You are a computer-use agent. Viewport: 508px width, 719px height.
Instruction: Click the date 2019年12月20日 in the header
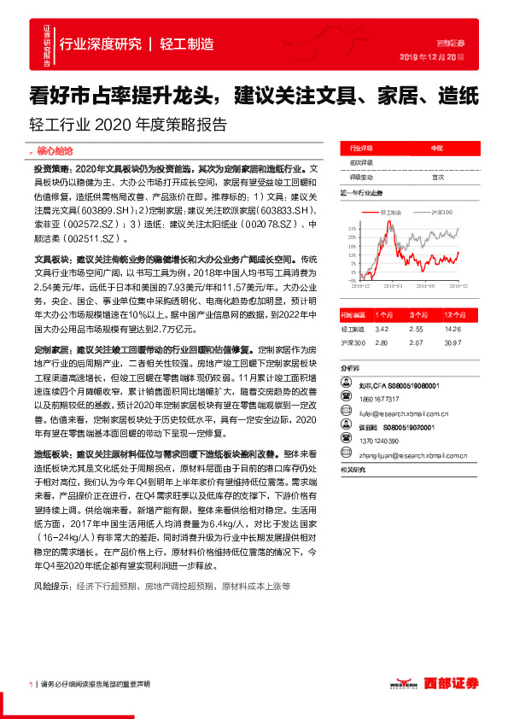pyautogui.click(x=431, y=56)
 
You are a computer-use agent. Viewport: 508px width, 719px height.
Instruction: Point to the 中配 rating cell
pyautogui.click(x=436, y=148)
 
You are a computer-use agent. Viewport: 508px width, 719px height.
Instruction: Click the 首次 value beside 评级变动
pyautogui.click(x=438, y=177)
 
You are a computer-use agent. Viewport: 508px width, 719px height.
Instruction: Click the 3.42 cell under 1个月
pyautogui.click(x=382, y=328)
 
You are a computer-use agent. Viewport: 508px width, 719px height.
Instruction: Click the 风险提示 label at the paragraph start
pyautogui.click(x=52, y=587)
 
